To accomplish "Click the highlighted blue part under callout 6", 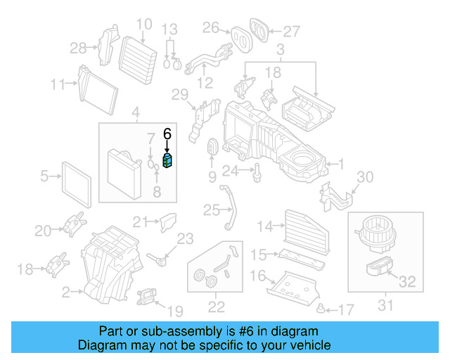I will click(x=168, y=162).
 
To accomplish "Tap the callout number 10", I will click(x=143, y=25).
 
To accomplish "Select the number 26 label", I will click(x=211, y=27).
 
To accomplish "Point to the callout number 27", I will click(x=291, y=31).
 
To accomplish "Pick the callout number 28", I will click(x=78, y=48).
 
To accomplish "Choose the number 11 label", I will click(x=58, y=85).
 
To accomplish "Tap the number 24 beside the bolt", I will click(x=231, y=169).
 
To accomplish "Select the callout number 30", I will click(x=366, y=176).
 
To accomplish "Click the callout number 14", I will click(x=264, y=226).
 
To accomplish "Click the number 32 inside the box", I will click(x=408, y=283).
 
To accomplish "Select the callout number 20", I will click(x=43, y=230).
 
